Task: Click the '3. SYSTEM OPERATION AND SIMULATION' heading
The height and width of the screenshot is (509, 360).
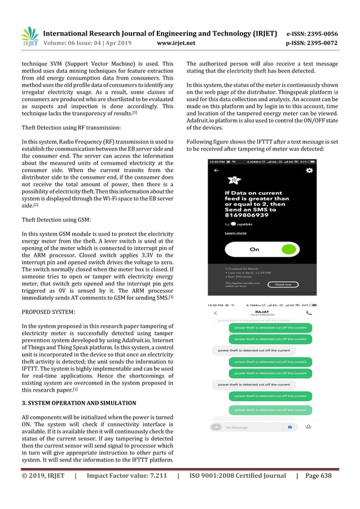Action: click(x=79, y=403)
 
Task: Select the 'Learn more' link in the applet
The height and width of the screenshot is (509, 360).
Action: click(x=235, y=233)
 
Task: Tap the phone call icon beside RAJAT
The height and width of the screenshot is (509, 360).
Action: click(x=309, y=312)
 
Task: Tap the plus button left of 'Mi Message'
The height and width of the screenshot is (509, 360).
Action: click(x=216, y=427)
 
